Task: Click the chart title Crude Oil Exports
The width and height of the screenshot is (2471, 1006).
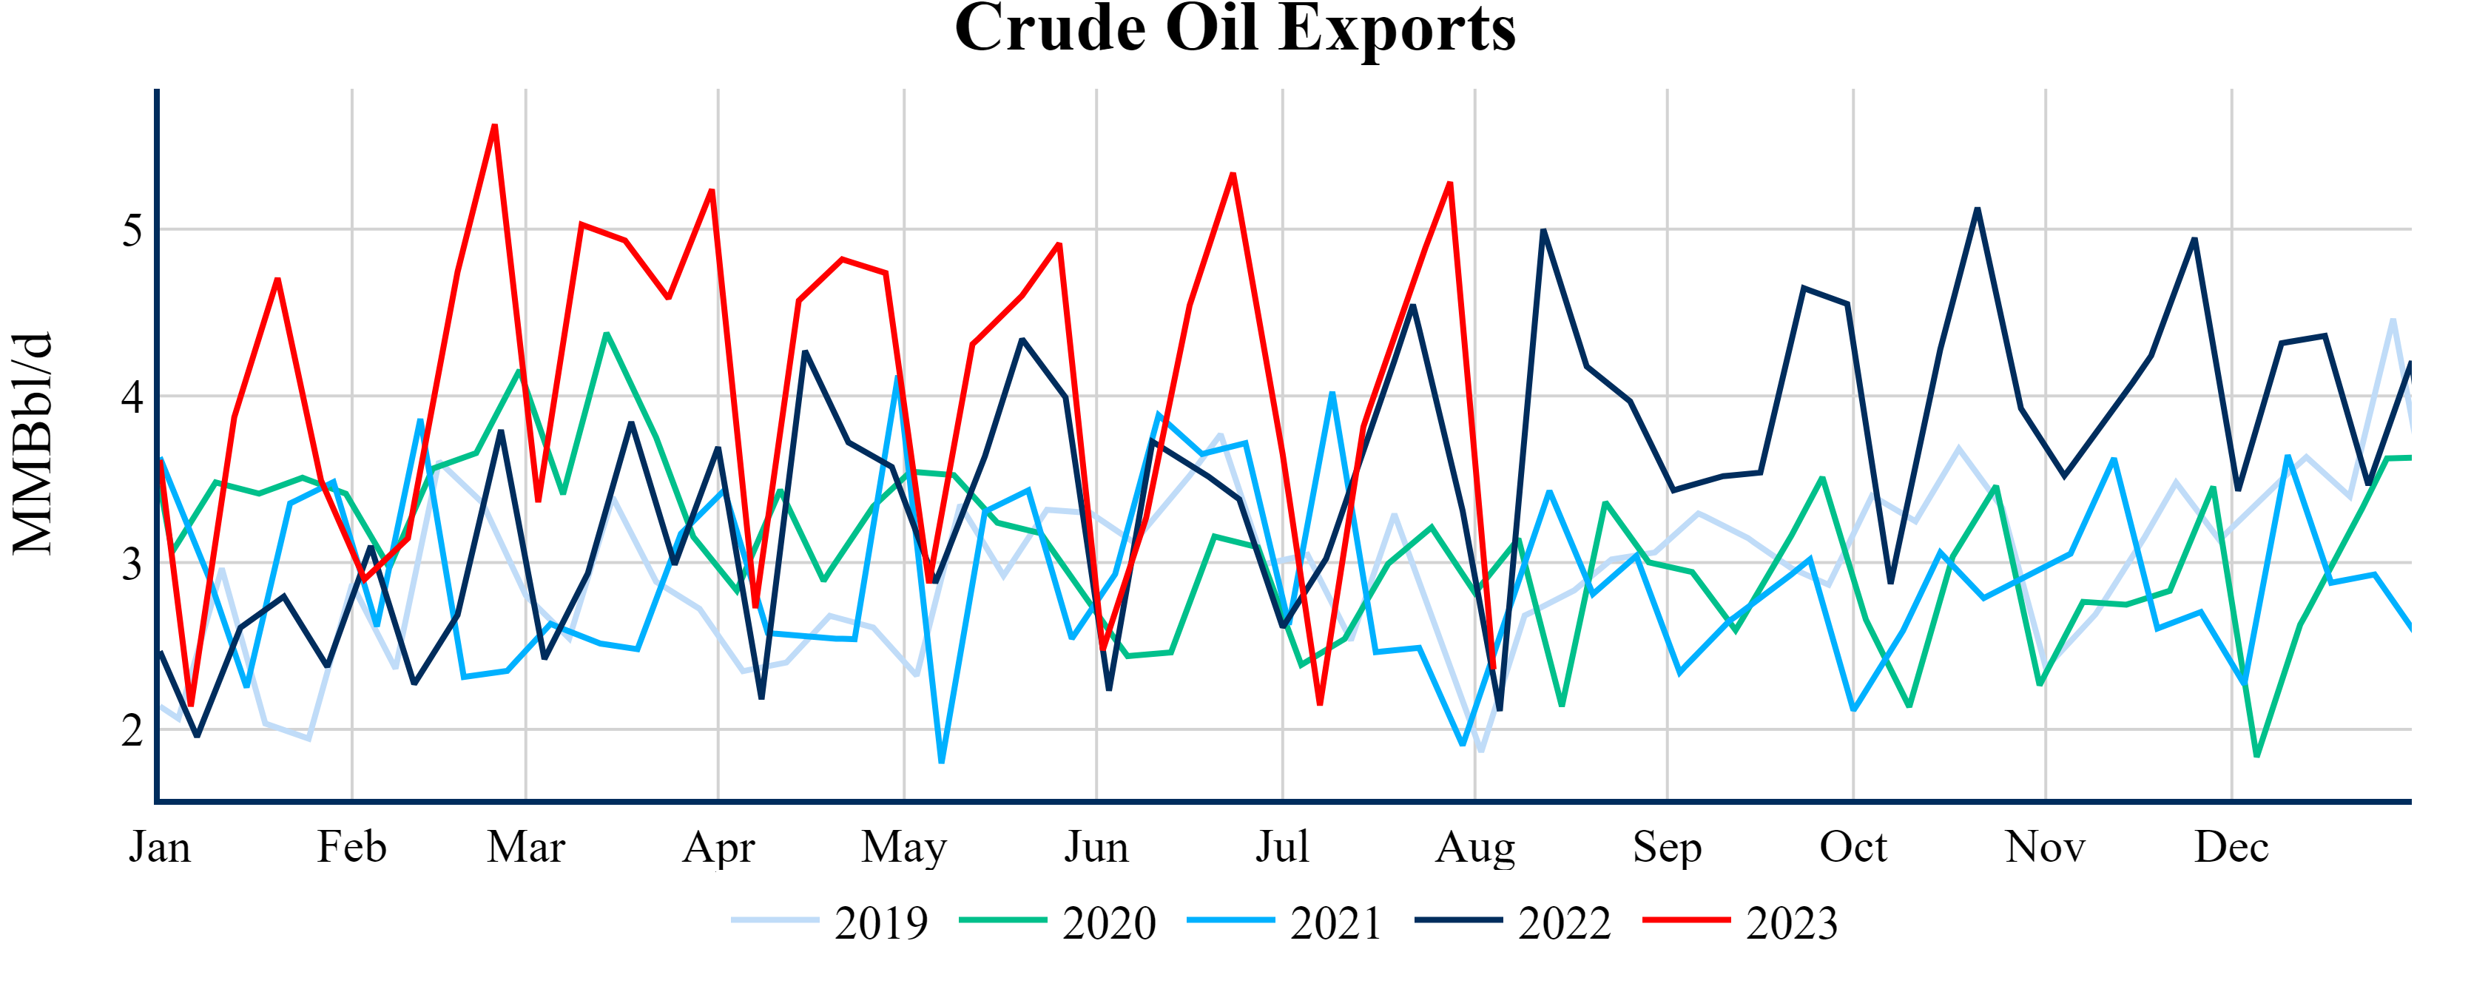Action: point(1235,29)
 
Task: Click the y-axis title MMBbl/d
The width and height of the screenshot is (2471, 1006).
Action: point(33,444)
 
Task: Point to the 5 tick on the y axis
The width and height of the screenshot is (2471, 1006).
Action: point(132,230)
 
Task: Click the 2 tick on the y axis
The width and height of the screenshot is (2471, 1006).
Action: point(132,730)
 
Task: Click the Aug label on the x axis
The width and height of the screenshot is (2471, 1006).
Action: point(1474,848)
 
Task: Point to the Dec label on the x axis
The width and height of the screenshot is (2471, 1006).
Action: point(2231,848)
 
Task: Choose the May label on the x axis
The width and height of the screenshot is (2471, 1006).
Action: point(903,848)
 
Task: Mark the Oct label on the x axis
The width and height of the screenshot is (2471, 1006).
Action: point(1853,848)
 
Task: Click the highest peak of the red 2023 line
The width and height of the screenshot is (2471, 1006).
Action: point(495,126)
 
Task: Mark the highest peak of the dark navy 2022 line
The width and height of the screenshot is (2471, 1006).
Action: point(1977,209)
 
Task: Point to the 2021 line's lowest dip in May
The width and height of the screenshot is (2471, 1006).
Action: point(942,761)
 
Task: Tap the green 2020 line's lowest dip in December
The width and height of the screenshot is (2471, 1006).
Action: point(2256,756)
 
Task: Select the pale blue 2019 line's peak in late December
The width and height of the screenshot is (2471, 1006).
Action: point(2393,320)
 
